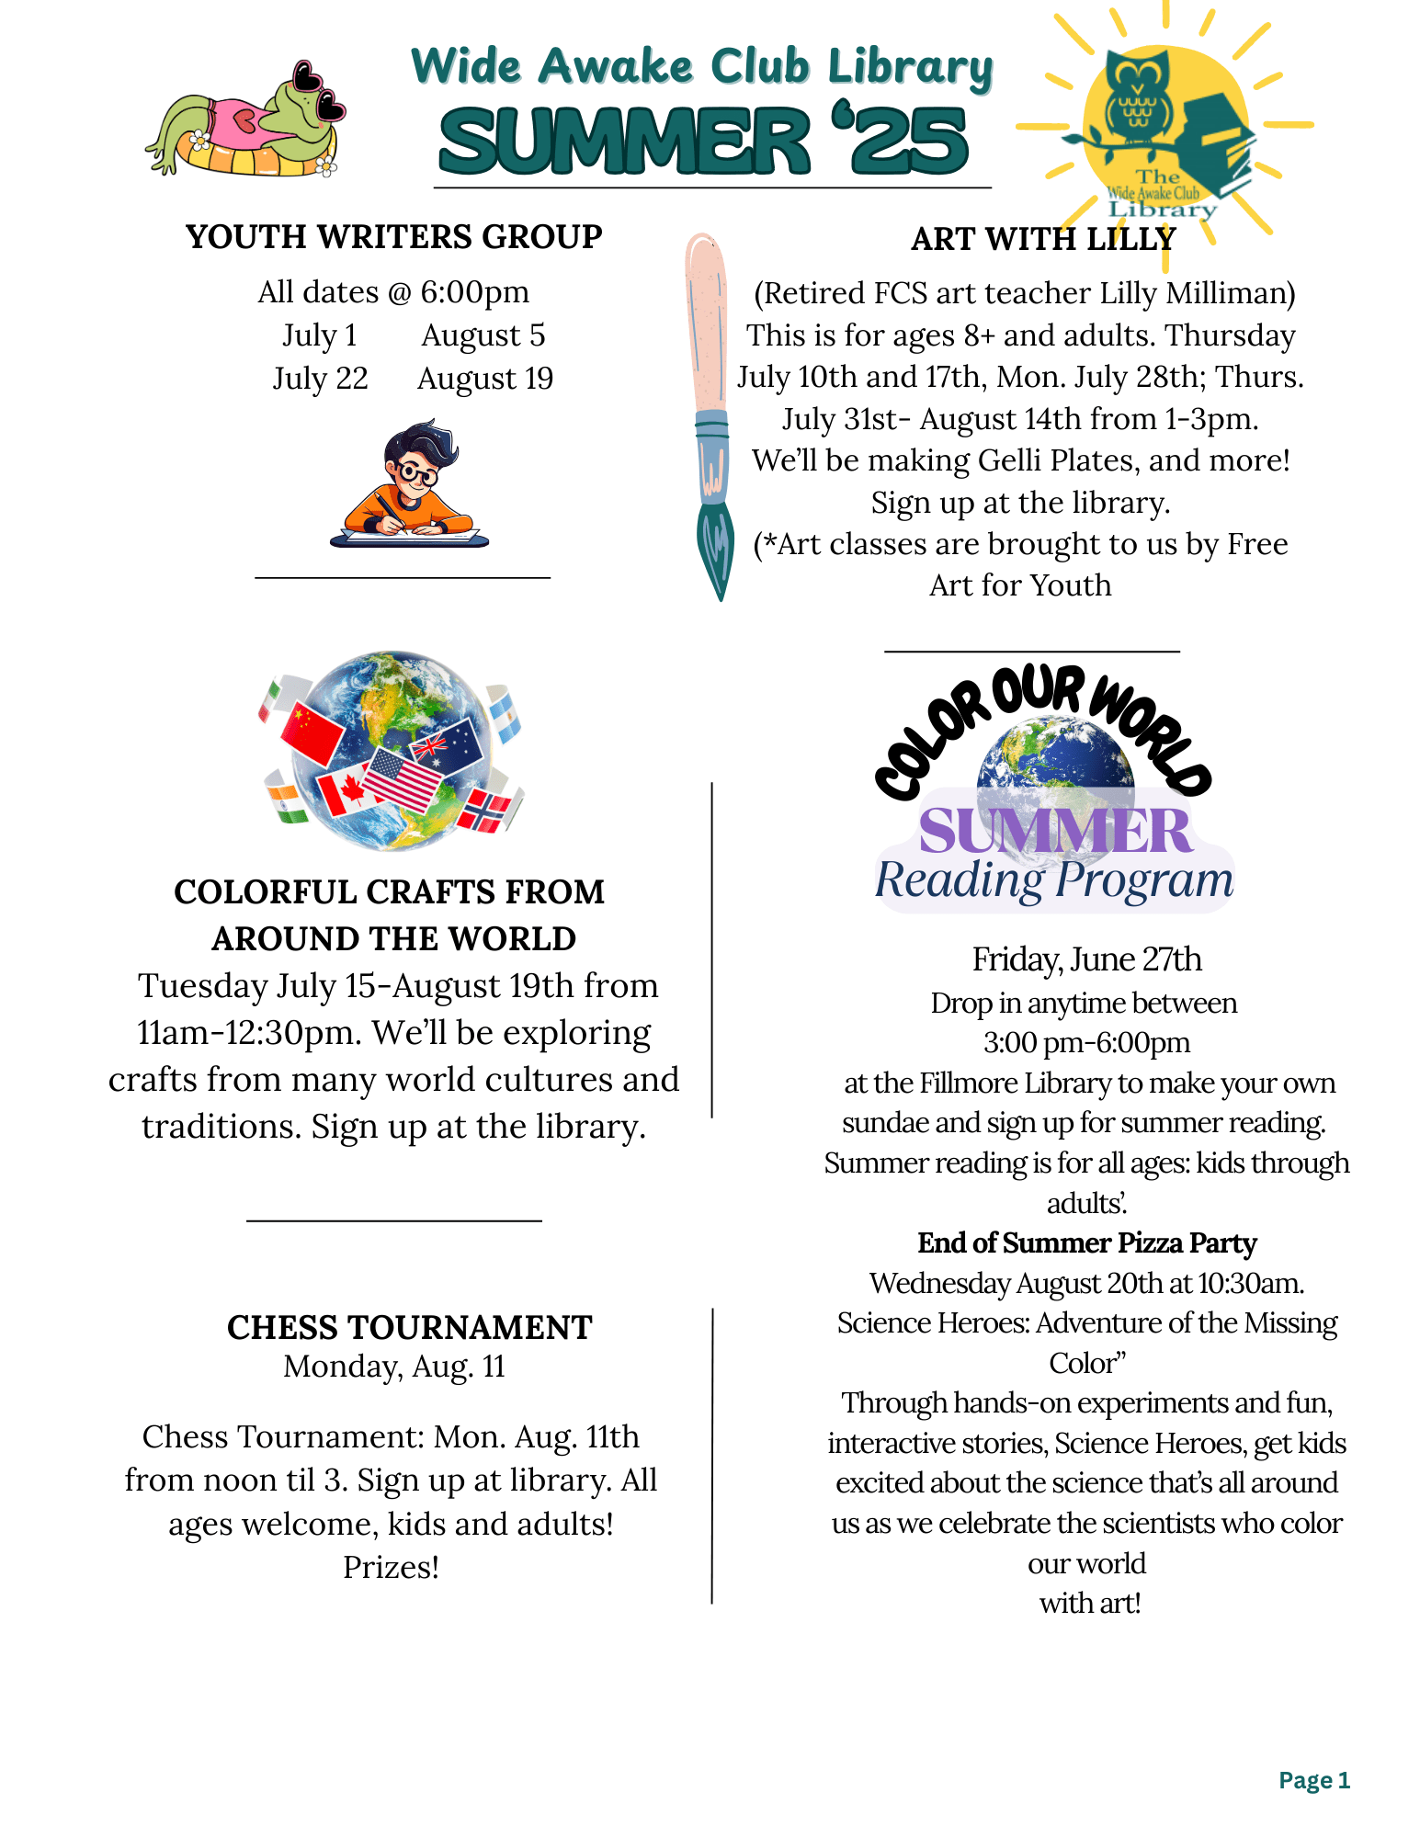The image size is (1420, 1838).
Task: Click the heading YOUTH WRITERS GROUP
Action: click(x=393, y=237)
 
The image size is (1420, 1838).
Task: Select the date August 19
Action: click(x=485, y=379)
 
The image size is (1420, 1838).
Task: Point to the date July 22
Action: click(x=320, y=379)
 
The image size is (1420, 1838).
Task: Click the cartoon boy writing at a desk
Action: click(x=410, y=483)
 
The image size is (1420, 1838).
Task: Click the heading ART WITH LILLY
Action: click(x=1043, y=239)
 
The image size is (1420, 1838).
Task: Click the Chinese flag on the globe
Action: click(x=312, y=732)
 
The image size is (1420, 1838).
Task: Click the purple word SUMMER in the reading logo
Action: click(x=1055, y=831)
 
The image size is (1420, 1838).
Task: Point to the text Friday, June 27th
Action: click(x=1086, y=959)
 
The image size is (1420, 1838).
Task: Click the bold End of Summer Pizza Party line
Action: click(x=1086, y=1242)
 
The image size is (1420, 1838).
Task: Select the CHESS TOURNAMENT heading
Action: click(x=410, y=1327)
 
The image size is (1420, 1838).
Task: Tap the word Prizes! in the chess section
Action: click(x=392, y=1567)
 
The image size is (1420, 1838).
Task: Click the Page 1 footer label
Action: click(x=1313, y=1780)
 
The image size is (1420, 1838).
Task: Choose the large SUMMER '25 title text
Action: click(x=704, y=141)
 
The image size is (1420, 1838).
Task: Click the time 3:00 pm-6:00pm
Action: click(x=1086, y=1043)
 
